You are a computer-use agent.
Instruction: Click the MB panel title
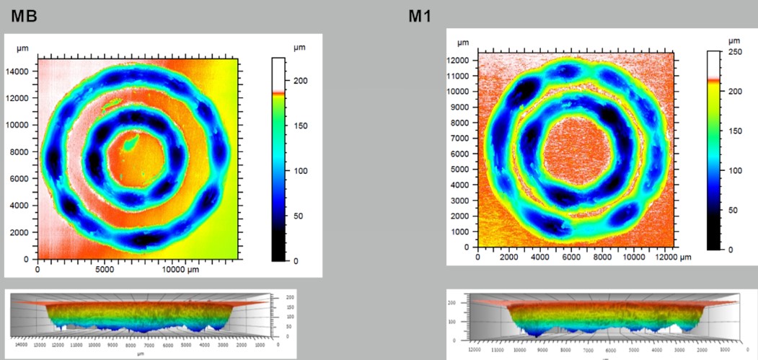click(22, 15)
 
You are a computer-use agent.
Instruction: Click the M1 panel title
click(420, 15)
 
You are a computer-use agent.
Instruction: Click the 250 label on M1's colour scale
click(736, 52)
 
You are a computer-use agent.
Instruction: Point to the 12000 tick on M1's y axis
click(459, 60)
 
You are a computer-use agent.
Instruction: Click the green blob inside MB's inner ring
click(130, 144)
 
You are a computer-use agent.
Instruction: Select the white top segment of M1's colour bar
click(714, 64)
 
